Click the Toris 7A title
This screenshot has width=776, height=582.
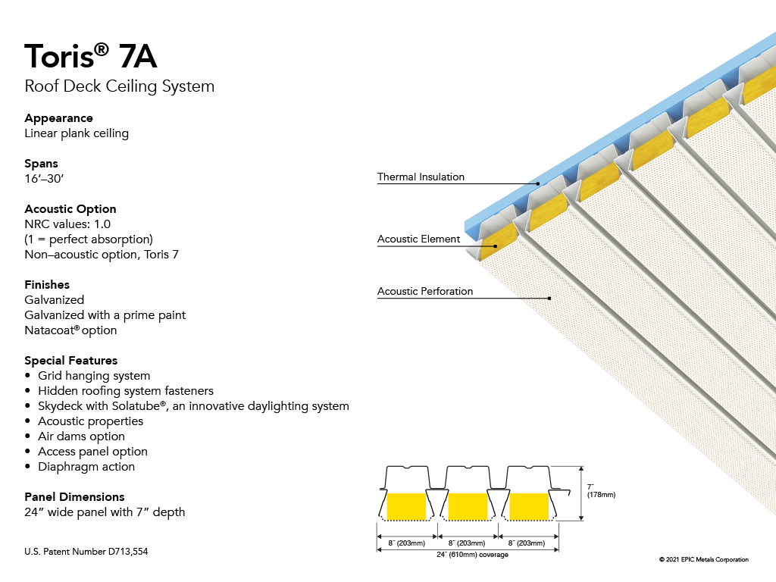pyautogui.click(x=91, y=56)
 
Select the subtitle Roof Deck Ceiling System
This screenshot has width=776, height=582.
pyautogui.click(x=119, y=86)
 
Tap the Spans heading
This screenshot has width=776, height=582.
pyautogui.click(x=41, y=164)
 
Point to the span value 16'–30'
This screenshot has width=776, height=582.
pyautogui.click(x=44, y=179)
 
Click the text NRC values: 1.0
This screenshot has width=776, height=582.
pyautogui.click(x=67, y=224)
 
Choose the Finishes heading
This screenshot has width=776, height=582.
pyautogui.click(x=47, y=285)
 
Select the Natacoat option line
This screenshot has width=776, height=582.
pyautogui.click(x=70, y=330)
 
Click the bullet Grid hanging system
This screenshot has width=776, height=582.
pyautogui.click(x=94, y=376)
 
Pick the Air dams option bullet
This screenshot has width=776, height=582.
pyautogui.click(x=81, y=436)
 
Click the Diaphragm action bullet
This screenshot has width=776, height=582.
pyautogui.click(x=86, y=467)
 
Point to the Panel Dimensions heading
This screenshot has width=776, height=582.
pyautogui.click(x=74, y=497)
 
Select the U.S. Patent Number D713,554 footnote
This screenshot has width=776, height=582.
pyautogui.click(x=86, y=552)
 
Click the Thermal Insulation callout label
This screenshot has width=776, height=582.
pyautogui.click(x=421, y=177)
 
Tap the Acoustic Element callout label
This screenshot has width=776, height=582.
pyautogui.click(x=418, y=239)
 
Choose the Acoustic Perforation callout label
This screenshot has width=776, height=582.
pyautogui.click(x=425, y=292)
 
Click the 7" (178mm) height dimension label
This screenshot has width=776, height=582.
pyautogui.click(x=601, y=491)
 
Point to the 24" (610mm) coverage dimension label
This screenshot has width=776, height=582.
pyautogui.click(x=472, y=555)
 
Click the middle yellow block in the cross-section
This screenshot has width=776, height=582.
pyautogui.click(x=468, y=506)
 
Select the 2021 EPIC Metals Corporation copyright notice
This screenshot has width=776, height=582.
pyautogui.click(x=704, y=560)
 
